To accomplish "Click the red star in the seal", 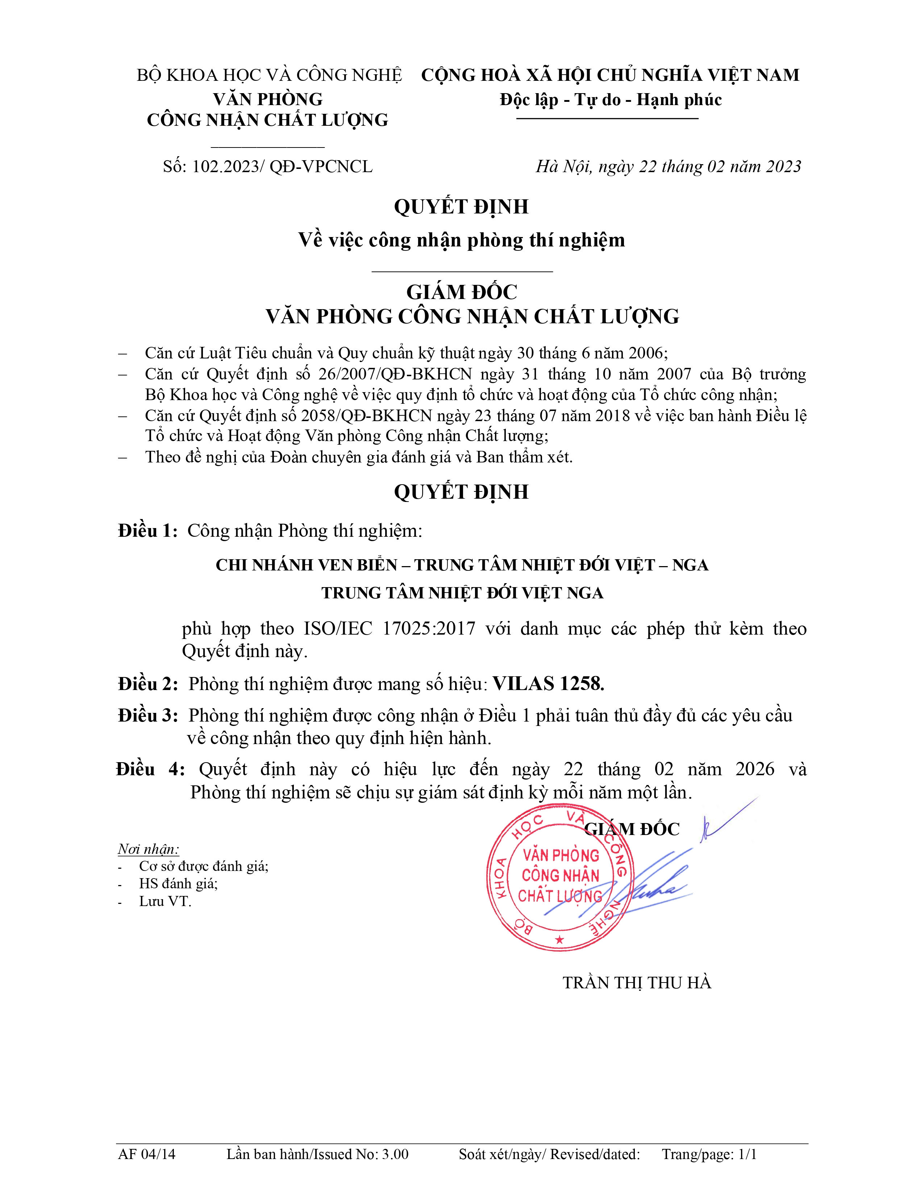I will click(x=559, y=940).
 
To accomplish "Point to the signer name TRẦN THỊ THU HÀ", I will click(x=637, y=998).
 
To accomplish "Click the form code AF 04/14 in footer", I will click(x=147, y=1154).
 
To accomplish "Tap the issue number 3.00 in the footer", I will click(x=395, y=1154).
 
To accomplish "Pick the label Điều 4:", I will click(x=150, y=769).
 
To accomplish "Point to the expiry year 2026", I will click(x=755, y=769).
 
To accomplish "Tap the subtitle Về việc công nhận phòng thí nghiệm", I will click(x=461, y=240).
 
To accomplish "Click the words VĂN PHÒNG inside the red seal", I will click(x=561, y=855).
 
